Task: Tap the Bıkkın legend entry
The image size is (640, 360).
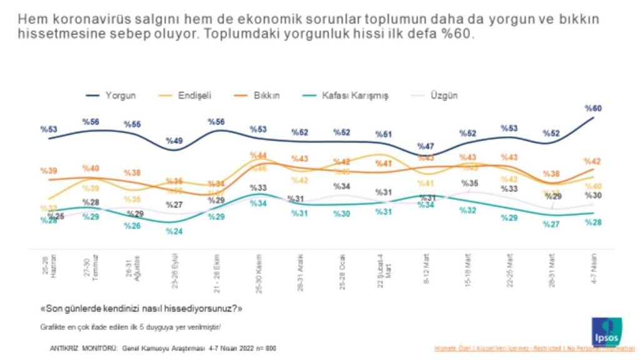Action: pyautogui.click(x=266, y=96)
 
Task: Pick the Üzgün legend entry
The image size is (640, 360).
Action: pyautogui.click(x=443, y=96)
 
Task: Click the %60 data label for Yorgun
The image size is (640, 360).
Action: pyautogui.click(x=592, y=109)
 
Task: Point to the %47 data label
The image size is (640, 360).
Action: pyautogui.click(x=427, y=146)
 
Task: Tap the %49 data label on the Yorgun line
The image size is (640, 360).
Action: pyautogui.click(x=176, y=141)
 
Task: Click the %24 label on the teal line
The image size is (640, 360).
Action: pyautogui.click(x=174, y=231)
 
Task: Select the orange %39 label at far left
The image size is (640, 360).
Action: pyautogui.click(x=49, y=171)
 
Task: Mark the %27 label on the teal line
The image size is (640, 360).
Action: pyautogui.click(x=551, y=224)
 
